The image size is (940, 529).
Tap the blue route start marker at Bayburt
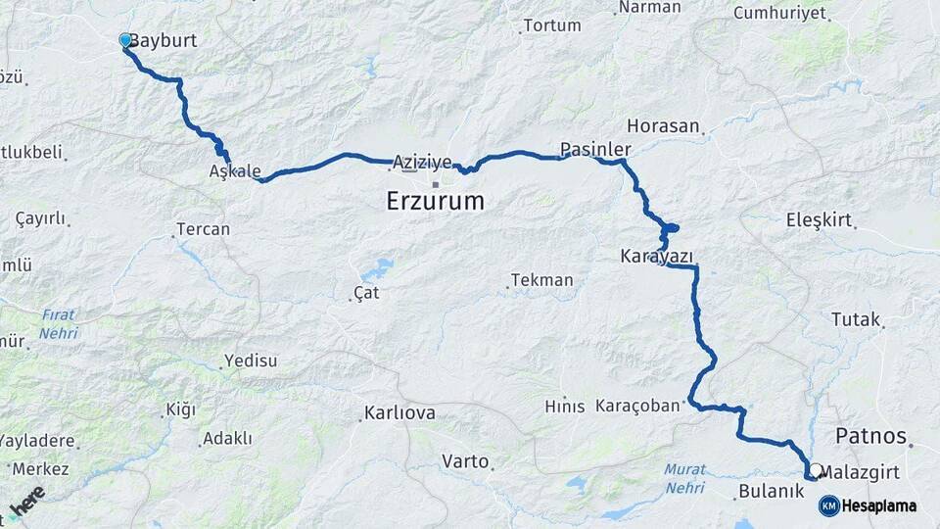pos(125,40)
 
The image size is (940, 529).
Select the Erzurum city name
pos(436,202)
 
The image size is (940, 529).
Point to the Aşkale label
pos(235,171)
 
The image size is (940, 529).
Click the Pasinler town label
pos(595,149)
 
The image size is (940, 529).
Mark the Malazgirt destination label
pos(862,472)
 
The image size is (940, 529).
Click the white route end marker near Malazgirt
pos(816,469)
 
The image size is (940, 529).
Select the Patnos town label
pos(870,436)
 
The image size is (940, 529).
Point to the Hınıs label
pos(565,406)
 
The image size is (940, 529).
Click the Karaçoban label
pos(636,406)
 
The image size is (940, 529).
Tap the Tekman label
pos(541,280)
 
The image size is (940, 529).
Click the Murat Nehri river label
pos(684,478)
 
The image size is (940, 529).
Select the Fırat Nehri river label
pos(59,324)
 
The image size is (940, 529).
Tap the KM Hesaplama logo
pos(868,505)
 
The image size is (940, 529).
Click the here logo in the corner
pos(26,502)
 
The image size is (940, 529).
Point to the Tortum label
pos(552,25)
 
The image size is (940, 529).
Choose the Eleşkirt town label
pos(819,220)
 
